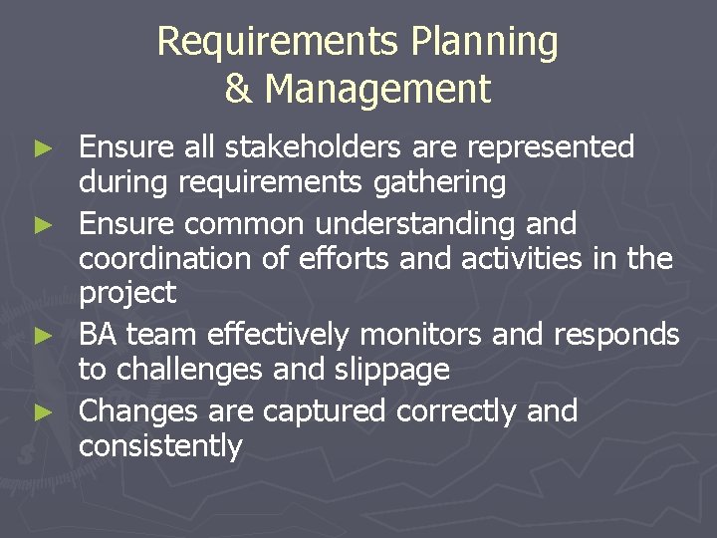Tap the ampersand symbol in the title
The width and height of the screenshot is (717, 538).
tap(238, 89)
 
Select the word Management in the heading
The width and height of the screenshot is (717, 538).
tap(377, 89)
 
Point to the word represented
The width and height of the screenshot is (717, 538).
tap(559, 147)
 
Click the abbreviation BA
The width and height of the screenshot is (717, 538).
tap(99, 333)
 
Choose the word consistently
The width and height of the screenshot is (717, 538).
tap(160, 445)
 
